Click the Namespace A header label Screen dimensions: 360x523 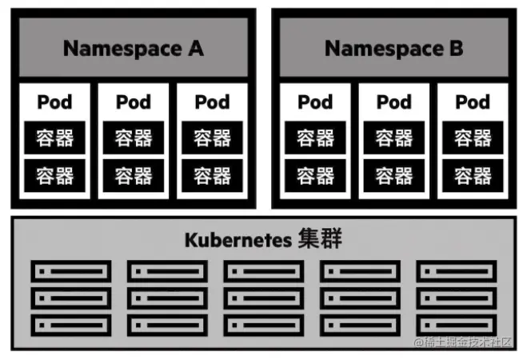[134, 48]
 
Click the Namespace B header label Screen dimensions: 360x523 [393, 48]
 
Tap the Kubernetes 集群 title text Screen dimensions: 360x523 [263, 239]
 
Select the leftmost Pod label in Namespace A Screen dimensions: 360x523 [54, 102]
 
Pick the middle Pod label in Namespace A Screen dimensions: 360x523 [134, 102]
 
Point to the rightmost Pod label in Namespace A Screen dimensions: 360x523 [213, 102]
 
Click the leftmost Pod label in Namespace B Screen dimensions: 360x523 [315, 102]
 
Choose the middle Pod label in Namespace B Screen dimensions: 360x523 [393, 102]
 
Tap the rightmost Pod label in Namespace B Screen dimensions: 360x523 [473, 102]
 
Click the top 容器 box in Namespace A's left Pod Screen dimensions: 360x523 [54, 138]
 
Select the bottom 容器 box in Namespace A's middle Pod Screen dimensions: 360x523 [134, 175]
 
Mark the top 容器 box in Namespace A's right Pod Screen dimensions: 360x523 [213, 138]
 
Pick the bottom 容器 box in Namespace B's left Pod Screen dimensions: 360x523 [315, 175]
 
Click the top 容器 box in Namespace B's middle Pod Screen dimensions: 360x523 [393, 138]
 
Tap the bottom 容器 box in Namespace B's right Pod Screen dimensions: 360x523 [473, 175]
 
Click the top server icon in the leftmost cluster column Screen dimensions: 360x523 [70, 271]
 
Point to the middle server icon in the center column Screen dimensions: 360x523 [263, 298]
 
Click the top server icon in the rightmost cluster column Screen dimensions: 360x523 [457, 271]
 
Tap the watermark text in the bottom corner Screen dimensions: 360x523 [464, 343]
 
